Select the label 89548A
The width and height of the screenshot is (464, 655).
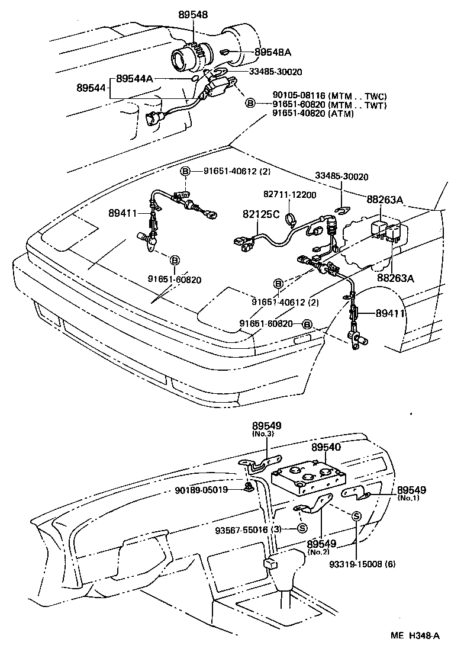click(x=272, y=52)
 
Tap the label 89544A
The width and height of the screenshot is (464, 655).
click(x=135, y=78)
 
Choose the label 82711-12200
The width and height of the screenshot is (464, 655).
click(x=289, y=195)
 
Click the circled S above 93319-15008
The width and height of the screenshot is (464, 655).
click(x=357, y=516)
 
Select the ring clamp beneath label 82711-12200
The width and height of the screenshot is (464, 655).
click(x=289, y=220)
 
